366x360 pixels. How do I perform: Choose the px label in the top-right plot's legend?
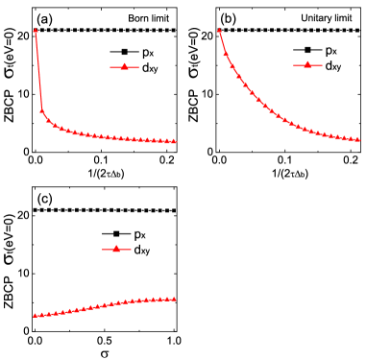(330, 50)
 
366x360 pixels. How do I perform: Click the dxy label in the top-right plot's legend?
(332, 65)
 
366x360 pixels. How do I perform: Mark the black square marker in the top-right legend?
(305, 50)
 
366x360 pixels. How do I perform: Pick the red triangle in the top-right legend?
(305, 64)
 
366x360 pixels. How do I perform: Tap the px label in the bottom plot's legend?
(139, 234)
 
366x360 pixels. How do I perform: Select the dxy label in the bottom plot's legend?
(141, 250)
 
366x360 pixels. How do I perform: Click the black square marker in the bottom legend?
(114, 234)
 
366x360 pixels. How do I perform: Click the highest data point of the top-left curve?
(36, 31)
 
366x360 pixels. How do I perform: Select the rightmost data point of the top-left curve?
(175, 141)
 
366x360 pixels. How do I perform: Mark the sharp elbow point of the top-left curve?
(41, 110)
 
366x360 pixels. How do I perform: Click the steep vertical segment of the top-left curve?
(38, 72)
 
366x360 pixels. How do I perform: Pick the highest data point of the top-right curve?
(220, 30)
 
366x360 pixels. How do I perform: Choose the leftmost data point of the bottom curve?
(35, 315)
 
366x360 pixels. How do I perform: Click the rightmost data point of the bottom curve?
(175, 299)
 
